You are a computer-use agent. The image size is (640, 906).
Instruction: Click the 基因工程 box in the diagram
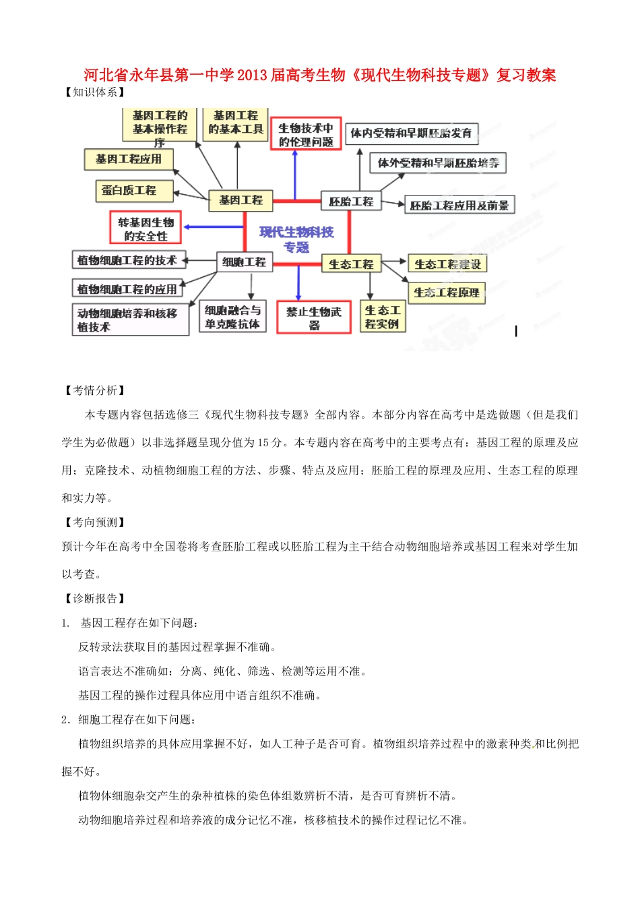[x=241, y=200]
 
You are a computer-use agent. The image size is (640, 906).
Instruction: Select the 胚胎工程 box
[x=350, y=202]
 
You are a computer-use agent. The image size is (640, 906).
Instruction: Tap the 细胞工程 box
[x=244, y=262]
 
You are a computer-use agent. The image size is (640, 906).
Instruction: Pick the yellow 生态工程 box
[x=351, y=264]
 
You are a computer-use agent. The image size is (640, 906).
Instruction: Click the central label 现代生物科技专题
[x=296, y=239]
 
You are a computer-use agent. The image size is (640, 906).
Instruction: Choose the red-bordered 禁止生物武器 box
[x=314, y=318]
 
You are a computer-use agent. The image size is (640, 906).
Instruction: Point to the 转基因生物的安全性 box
[x=146, y=229]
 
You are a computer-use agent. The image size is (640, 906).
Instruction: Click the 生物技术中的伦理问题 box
[x=306, y=135]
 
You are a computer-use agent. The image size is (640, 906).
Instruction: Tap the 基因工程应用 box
[x=129, y=159]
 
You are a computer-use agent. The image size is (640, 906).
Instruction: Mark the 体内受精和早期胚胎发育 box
[x=411, y=133]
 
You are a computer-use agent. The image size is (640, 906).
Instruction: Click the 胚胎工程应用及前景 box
[x=459, y=206]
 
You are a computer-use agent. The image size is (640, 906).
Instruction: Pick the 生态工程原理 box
[x=446, y=293]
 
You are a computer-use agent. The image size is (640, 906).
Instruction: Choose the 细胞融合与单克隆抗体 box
[x=232, y=317]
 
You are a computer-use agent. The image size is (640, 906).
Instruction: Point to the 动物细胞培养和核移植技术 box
[x=130, y=320]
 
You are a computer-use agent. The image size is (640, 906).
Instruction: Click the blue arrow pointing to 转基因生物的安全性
[x=212, y=227]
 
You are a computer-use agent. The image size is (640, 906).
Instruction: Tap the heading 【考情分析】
[x=95, y=390]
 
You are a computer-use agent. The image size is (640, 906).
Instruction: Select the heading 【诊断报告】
[x=95, y=598]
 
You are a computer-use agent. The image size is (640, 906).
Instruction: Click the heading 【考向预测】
[x=95, y=522]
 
